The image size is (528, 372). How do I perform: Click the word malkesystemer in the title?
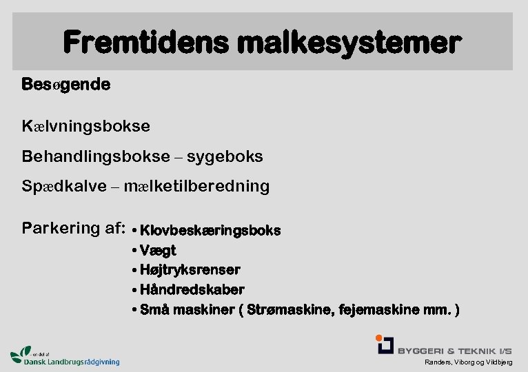347,43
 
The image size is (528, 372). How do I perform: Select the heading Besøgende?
65,85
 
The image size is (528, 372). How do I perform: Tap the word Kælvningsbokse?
86,127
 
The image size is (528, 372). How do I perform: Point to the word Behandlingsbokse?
96,156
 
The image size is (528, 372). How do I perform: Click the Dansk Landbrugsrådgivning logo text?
71,360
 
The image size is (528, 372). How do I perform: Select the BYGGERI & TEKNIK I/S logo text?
454,350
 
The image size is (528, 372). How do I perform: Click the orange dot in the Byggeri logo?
379,338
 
